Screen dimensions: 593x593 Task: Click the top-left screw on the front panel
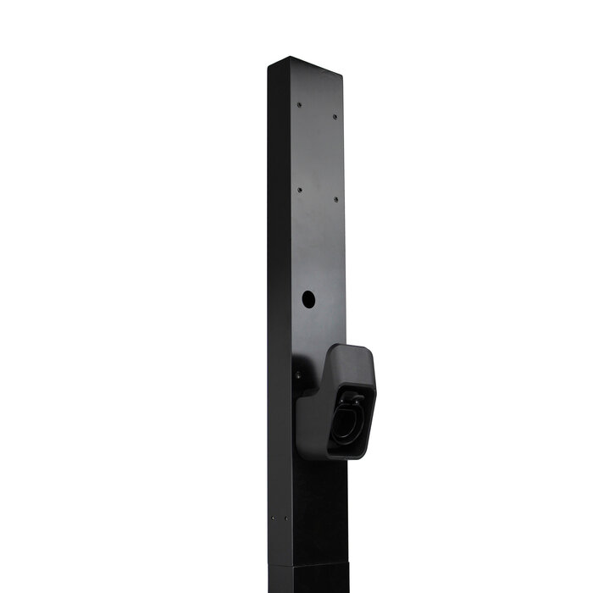click(x=299, y=105)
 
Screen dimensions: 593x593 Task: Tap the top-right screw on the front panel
click(x=335, y=116)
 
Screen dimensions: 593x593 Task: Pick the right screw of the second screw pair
click(x=335, y=200)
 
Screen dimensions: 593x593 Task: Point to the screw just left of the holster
click(x=297, y=375)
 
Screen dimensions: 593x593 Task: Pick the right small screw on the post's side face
click(x=286, y=518)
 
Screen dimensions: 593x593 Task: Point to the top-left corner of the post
click(x=269, y=68)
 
